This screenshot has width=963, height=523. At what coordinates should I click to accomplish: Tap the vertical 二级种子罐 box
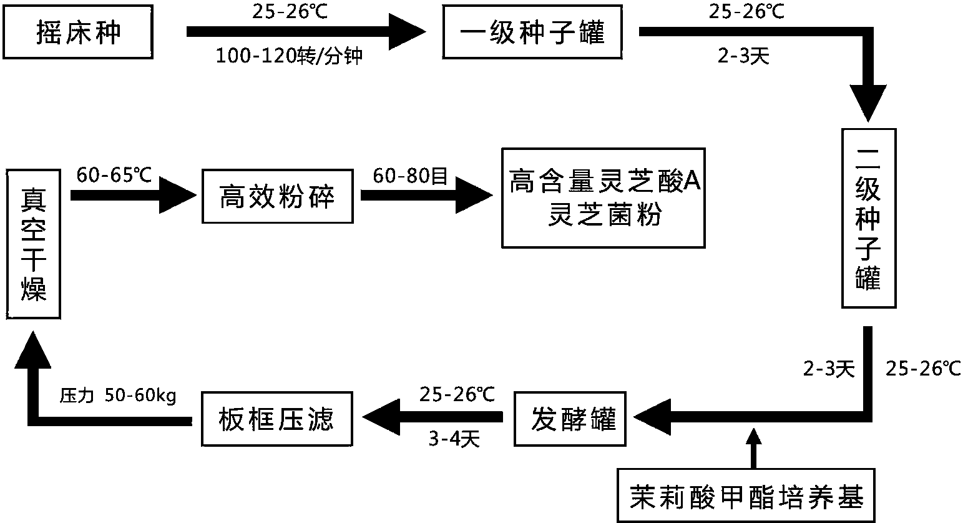[868, 218]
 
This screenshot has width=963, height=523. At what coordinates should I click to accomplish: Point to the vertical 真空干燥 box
[33, 243]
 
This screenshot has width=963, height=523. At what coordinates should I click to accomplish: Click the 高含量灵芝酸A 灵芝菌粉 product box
[604, 198]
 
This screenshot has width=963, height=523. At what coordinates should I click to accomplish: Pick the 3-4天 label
[454, 440]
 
